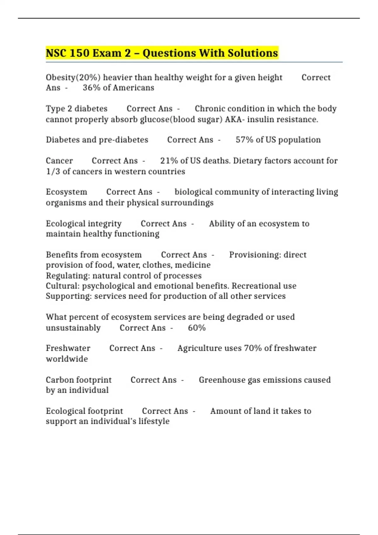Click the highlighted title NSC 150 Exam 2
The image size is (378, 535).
162,53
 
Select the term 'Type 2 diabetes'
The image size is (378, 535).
77,109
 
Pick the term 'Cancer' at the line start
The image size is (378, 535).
59,161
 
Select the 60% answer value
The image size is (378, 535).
197,328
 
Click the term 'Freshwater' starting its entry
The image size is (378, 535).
68,348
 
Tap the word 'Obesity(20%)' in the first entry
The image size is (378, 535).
73,77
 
